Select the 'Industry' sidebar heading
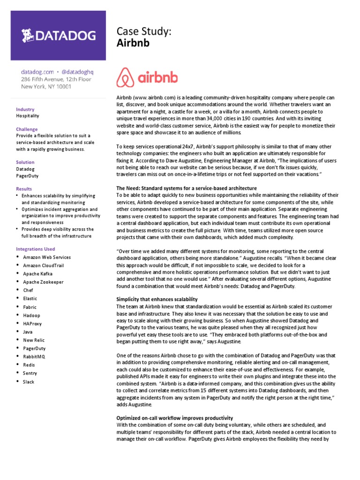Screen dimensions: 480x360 point(25,109)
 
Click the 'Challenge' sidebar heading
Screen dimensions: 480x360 point(27,129)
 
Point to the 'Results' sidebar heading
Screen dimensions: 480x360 point(24,188)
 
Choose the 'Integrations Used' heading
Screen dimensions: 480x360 point(35,249)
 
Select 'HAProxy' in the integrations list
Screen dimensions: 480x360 point(33,323)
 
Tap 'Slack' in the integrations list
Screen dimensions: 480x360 point(29,382)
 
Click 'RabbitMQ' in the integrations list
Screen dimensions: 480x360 point(34,357)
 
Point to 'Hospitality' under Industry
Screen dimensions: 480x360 point(28,116)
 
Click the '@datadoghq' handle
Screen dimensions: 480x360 point(78,72)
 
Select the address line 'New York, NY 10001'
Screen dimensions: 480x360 point(46,87)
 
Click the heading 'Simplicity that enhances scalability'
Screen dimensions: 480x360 point(157,299)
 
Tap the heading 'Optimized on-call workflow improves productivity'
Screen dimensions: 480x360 point(174,418)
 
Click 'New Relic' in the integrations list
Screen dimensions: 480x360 point(34,340)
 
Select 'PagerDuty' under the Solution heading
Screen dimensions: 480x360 point(28,176)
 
